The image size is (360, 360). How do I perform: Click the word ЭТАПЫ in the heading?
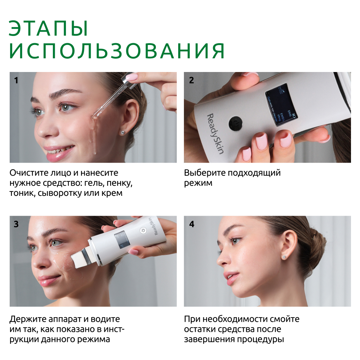coord(49,28)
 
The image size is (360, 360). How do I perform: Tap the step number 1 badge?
coord(16,80)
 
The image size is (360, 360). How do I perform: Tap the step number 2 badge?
coord(192,80)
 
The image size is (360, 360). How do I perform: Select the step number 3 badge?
coord(16,224)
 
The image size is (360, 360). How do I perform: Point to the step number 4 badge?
coord(192,224)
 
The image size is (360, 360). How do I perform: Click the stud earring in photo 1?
coord(123,133)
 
